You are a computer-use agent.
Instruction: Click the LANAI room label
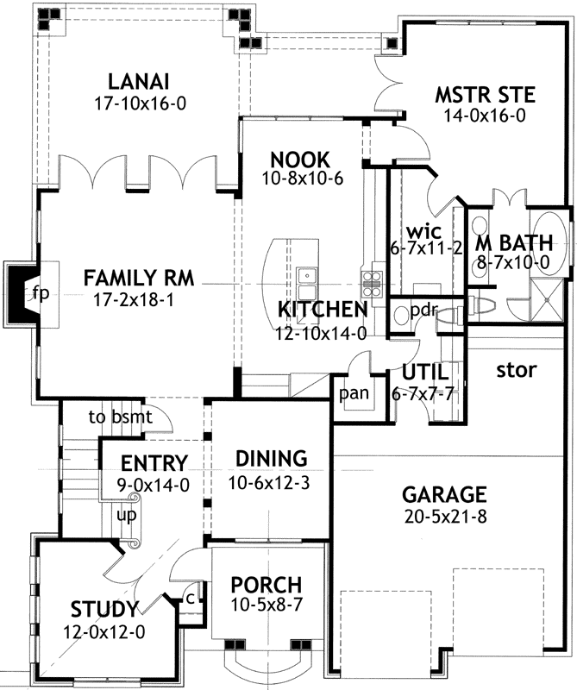[x=138, y=82]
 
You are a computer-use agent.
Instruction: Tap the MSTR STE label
[x=485, y=94]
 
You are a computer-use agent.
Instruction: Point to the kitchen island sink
[x=309, y=277]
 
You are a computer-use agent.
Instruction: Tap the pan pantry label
[x=353, y=393]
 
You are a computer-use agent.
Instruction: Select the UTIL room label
[x=423, y=372]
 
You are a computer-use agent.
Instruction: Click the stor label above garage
[x=517, y=370]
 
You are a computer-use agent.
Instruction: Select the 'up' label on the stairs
[x=126, y=514]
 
